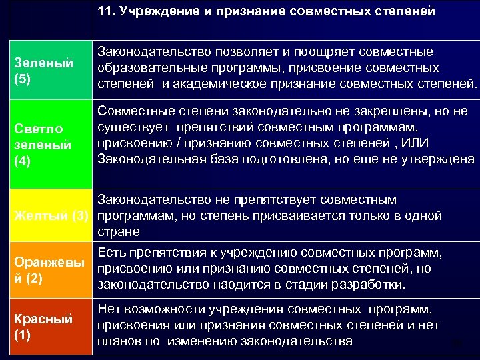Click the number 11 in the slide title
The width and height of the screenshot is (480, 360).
(105, 12)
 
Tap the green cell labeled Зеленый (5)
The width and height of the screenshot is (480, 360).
(45, 69)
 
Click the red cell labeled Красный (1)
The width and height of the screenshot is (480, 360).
(45, 326)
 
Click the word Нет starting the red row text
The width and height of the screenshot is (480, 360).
(109, 310)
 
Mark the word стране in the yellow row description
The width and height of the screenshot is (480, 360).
(118, 231)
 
